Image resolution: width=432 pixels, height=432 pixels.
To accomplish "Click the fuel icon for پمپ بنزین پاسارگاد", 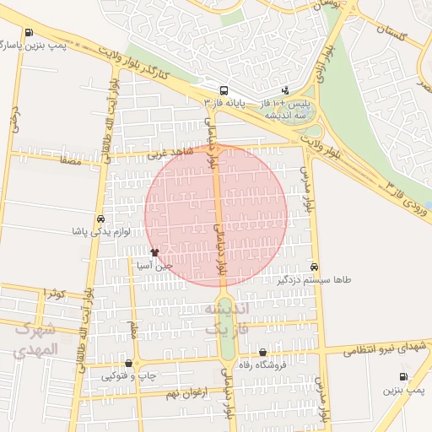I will click(x=30, y=33).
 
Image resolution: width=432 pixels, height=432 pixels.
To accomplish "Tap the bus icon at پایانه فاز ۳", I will click(x=224, y=90).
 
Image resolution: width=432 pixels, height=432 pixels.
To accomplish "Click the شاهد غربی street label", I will click(x=170, y=154).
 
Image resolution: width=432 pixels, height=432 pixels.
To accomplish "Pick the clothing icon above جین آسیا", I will click(x=154, y=252).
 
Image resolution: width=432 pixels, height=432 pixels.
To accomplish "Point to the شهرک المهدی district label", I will click(x=36, y=339).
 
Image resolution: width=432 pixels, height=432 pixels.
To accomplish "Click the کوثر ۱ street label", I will click(x=56, y=293).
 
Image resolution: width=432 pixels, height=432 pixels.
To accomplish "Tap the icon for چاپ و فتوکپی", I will click(x=128, y=364).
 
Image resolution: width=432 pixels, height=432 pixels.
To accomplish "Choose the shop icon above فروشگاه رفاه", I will click(x=262, y=353).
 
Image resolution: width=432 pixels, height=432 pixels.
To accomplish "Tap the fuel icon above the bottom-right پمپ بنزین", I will click(x=403, y=377).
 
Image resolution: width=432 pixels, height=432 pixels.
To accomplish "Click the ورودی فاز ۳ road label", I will click(x=406, y=197).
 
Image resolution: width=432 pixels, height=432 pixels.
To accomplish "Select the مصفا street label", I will click(x=71, y=159).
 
